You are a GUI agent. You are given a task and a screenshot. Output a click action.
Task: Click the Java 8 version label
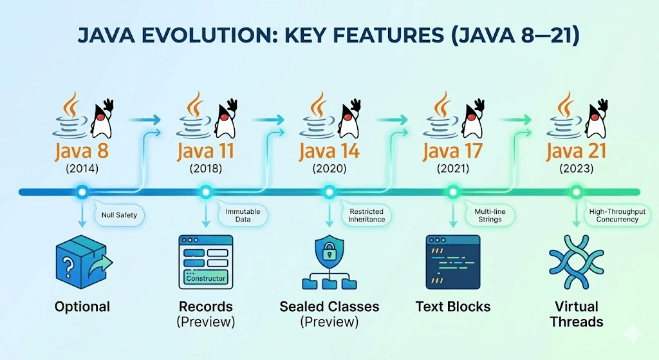(x=82, y=153)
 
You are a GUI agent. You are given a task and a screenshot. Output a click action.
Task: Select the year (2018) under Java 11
(x=205, y=169)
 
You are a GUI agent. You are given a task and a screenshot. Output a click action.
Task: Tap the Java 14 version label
(x=329, y=153)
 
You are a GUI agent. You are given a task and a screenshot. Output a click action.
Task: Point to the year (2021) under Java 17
(x=452, y=169)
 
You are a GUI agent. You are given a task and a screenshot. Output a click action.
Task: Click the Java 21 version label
(x=577, y=153)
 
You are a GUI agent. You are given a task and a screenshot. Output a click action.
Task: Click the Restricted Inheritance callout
(x=366, y=215)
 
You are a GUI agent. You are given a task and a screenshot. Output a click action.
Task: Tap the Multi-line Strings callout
(x=490, y=215)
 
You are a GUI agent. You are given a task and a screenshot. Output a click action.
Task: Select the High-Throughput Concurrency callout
(x=613, y=215)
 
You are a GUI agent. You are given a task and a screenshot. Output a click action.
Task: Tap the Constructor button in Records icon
(x=206, y=278)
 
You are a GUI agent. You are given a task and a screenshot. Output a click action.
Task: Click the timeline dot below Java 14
(x=329, y=191)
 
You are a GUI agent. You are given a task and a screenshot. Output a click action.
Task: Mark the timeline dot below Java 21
(x=577, y=191)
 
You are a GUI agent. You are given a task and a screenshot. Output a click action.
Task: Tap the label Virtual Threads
(x=577, y=314)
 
